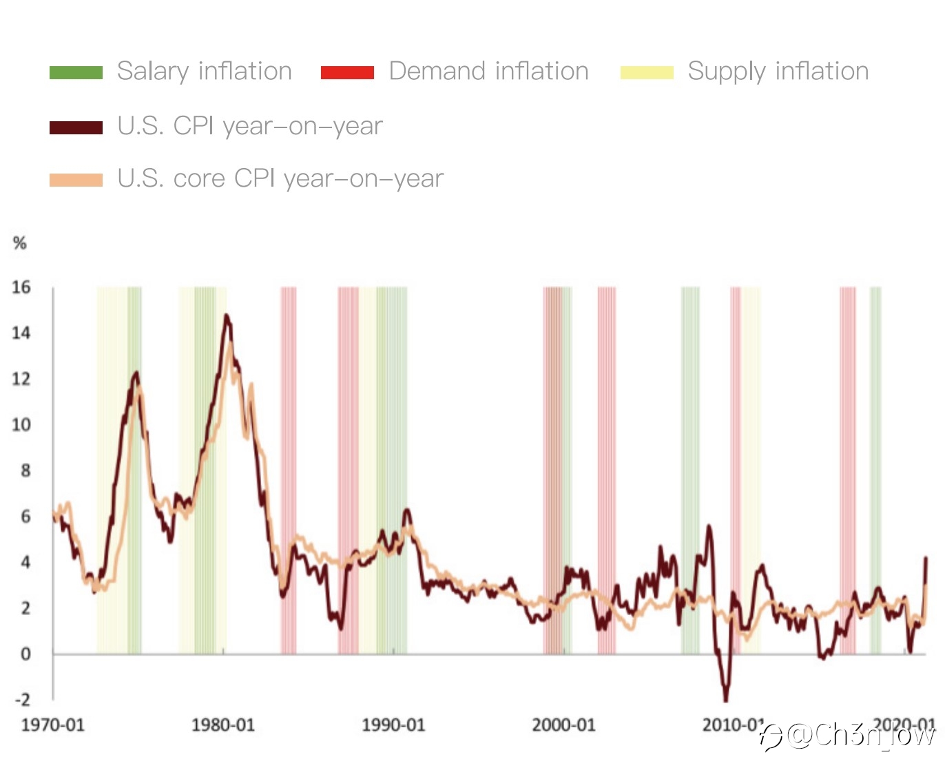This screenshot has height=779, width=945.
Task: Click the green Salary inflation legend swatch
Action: [76, 72]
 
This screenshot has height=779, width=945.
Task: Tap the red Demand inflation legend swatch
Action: [347, 72]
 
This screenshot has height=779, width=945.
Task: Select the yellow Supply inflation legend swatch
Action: [647, 72]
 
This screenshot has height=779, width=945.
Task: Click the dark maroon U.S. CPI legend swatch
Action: [76, 127]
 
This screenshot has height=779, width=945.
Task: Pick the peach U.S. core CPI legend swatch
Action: [76, 180]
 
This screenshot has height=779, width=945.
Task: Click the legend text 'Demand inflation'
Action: [488, 71]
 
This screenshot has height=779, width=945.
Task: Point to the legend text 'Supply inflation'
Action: [778, 71]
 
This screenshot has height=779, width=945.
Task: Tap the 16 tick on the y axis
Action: [21, 287]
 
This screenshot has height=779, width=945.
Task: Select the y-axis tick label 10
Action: [21, 424]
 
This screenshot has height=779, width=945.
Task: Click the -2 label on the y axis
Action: [23, 699]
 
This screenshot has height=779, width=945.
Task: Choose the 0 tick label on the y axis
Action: [25, 654]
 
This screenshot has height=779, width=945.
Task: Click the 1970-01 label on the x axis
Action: [53, 725]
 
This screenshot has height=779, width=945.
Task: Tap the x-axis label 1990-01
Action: [393, 725]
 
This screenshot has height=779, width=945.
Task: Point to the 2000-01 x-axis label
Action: [563, 725]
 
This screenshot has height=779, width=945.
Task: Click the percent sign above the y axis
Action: [20, 242]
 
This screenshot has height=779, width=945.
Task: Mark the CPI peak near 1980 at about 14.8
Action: [226, 316]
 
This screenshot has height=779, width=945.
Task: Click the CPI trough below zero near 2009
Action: [725, 700]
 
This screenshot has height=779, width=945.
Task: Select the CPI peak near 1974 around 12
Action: [136, 373]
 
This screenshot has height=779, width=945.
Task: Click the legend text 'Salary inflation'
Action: [205, 71]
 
